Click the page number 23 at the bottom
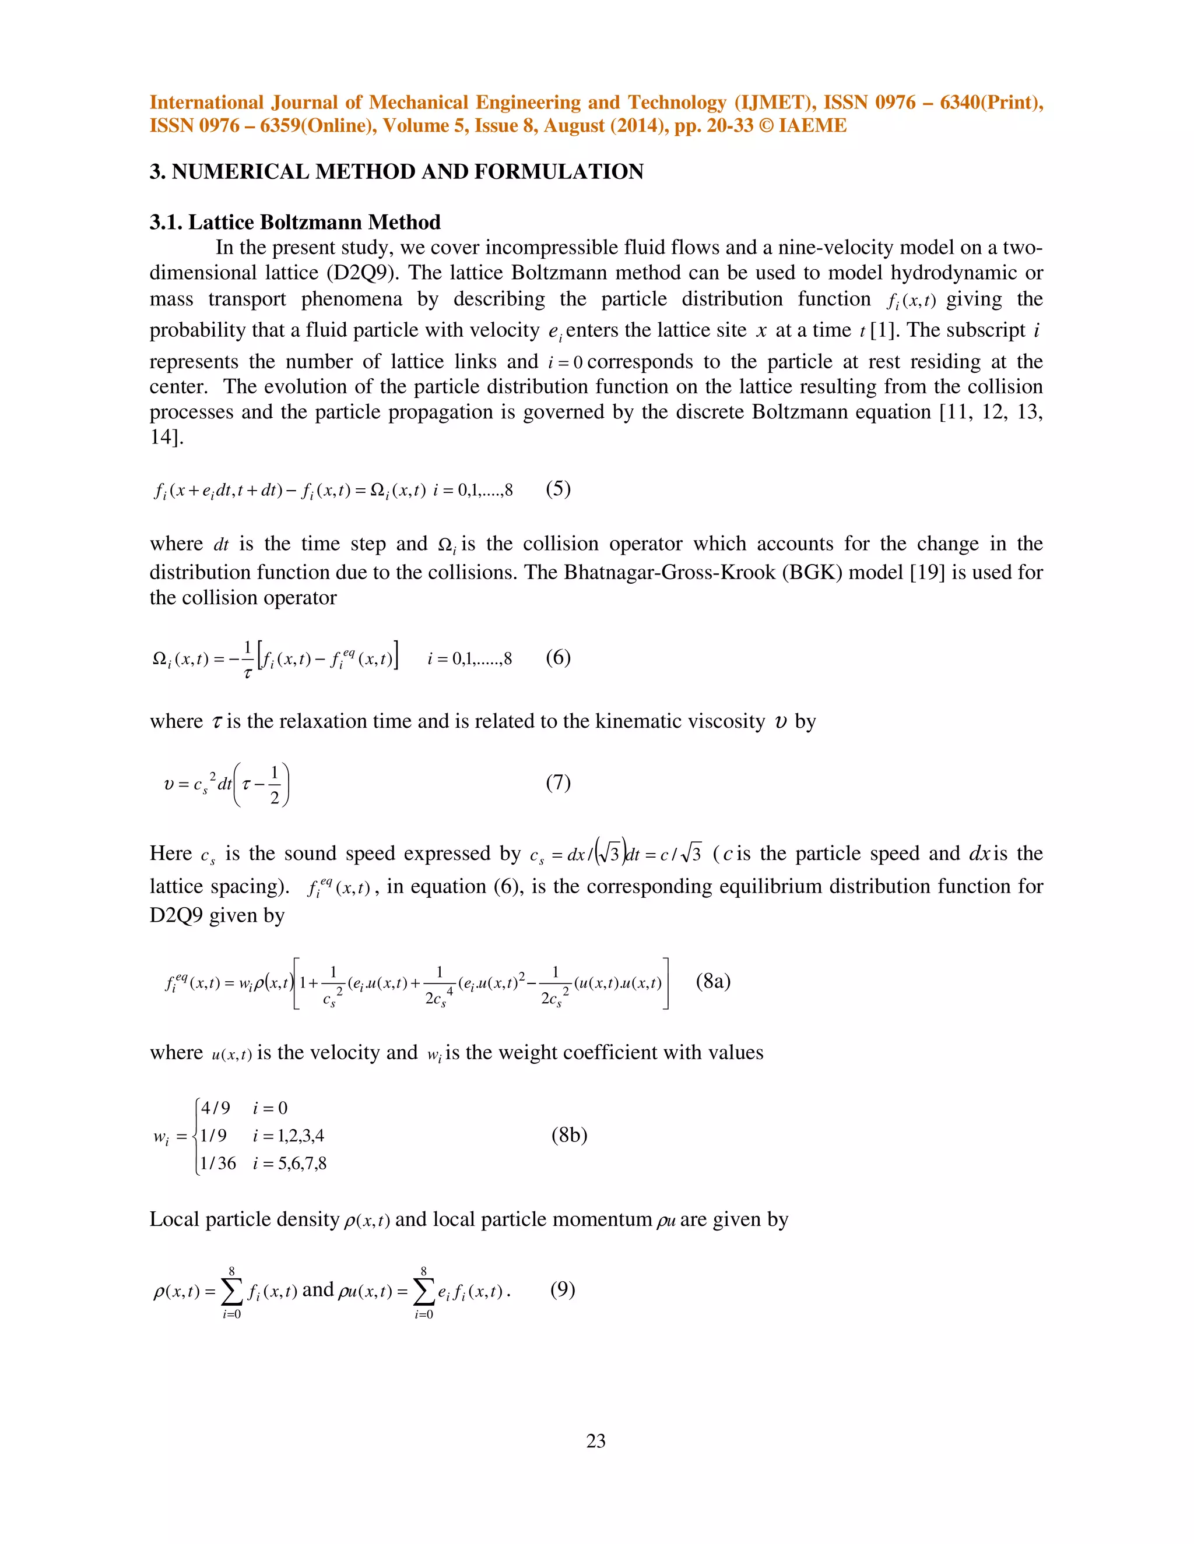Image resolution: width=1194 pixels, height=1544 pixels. (x=596, y=1441)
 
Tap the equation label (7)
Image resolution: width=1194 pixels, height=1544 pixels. (x=558, y=782)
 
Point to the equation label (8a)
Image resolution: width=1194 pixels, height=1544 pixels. (x=713, y=981)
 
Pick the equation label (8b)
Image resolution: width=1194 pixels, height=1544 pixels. (x=570, y=1136)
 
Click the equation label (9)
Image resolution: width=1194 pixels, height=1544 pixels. (x=563, y=1289)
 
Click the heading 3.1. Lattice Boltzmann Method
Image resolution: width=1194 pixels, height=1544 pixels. (x=295, y=223)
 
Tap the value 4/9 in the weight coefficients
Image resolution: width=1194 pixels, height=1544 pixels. (x=215, y=1108)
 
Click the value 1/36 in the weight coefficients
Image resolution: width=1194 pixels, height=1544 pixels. (x=218, y=1164)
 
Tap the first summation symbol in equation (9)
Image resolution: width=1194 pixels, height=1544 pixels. (x=231, y=1292)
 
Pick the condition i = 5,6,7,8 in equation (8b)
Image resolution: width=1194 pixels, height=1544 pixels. (x=290, y=1164)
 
